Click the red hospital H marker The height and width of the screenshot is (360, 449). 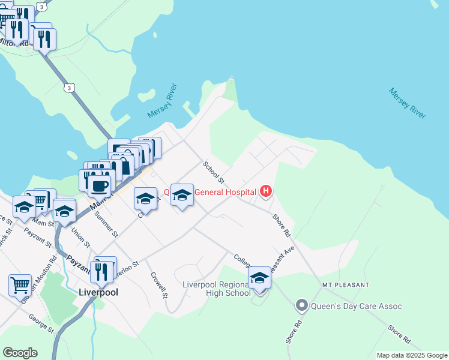266,192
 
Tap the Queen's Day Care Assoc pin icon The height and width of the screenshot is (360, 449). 302,306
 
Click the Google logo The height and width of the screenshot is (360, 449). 20,353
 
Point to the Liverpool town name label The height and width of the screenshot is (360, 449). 98,293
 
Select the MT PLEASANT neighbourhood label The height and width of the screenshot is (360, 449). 345,284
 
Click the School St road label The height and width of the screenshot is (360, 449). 213,172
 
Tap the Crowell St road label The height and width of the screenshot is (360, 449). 158,283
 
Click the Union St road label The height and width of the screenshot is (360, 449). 80,238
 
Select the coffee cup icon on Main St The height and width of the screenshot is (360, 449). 99,185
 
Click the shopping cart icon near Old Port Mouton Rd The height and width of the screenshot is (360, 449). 20,285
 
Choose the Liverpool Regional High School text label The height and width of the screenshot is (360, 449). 217,289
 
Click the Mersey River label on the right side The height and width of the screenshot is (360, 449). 407,103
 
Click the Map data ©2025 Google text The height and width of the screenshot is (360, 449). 412,355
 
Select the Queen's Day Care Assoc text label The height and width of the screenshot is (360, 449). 357,307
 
